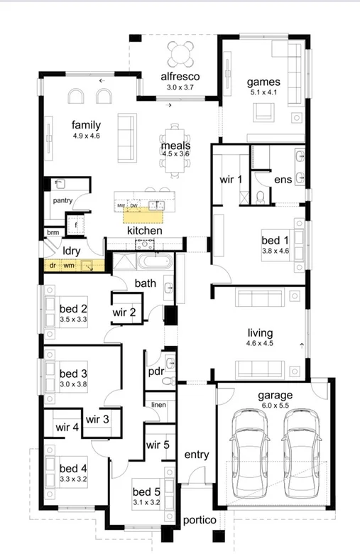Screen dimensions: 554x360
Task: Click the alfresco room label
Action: coord(180,76)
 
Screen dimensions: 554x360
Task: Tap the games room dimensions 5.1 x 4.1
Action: coord(263,92)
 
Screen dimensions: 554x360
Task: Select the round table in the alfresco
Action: coord(180,53)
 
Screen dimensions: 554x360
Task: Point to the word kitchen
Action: coord(144,231)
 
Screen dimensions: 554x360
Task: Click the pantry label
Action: coord(62,201)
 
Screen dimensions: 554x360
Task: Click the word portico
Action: coord(199,521)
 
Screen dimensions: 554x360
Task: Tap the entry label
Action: coord(195,455)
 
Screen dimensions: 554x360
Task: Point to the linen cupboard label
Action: coord(158,405)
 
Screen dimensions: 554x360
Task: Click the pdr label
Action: coord(156,371)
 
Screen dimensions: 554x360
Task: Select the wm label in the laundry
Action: coord(69,266)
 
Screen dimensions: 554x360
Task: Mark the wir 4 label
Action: coord(67,428)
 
